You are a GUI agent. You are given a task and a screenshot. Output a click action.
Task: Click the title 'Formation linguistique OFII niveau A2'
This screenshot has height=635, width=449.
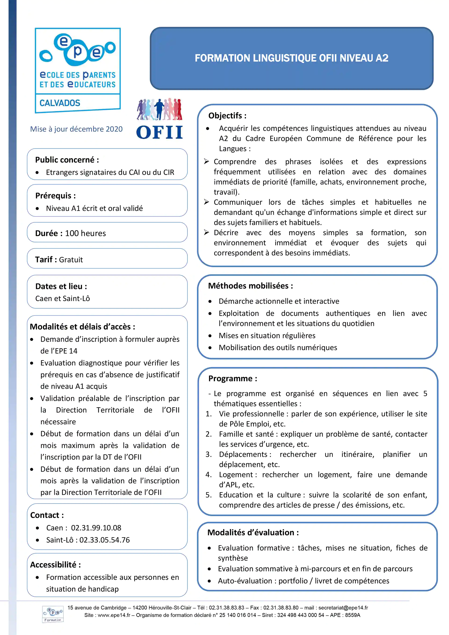[x=291, y=58]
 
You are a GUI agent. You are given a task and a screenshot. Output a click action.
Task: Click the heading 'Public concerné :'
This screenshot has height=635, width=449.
[x=67, y=160]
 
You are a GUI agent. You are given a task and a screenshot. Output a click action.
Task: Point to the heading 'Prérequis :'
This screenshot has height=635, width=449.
[x=55, y=196]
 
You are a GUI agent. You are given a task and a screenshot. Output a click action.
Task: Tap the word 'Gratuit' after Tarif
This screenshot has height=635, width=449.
[x=71, y=260]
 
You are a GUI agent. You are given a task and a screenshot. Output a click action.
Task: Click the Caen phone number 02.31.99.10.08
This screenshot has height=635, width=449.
[x=96, y=528]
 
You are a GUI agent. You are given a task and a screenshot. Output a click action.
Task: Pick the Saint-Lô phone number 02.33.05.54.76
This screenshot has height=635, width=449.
[x=104, y=540]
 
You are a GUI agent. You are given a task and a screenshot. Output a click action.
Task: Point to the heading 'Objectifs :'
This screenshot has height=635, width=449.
[x=227, y=115]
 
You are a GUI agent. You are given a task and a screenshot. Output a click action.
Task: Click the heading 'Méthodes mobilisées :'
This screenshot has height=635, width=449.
[x=250, y=286]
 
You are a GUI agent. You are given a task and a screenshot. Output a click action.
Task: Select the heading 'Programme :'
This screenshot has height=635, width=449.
[x=233, y=378]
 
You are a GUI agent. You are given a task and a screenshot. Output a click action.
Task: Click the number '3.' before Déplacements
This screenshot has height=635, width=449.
[x=209, y=455]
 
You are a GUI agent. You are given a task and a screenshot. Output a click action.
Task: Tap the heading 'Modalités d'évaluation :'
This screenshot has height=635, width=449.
[x=253, y=532]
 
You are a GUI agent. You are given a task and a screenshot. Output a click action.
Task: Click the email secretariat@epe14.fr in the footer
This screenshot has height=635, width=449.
[x=343, y=608]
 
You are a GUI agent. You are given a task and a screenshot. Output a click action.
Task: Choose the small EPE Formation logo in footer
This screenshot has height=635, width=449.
[x=53, y=614]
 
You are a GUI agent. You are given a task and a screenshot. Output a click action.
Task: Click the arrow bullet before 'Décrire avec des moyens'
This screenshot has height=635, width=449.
[x=206, y=232]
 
